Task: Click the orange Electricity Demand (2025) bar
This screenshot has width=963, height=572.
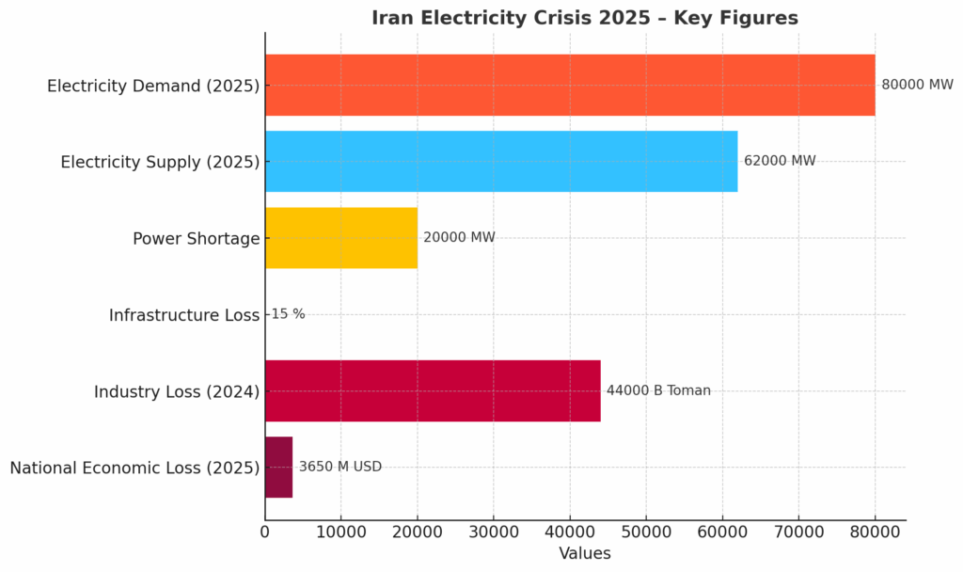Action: (570, 85)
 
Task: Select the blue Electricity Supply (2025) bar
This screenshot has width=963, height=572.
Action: (501, 161)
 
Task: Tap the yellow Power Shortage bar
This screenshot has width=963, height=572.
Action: (341, 238)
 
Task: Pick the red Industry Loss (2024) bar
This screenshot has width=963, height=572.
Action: (433, 390)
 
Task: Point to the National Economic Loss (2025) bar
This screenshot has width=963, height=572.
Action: (278, 467)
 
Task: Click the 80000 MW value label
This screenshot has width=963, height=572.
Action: (917, 85)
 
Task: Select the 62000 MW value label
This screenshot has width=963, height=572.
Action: (780, 161)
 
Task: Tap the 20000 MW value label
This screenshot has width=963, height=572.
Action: (459, 238)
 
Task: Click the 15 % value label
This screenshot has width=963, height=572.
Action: (288, 314)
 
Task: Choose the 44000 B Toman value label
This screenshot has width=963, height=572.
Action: (658, 390)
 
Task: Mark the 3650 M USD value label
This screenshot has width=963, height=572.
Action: (340, 467)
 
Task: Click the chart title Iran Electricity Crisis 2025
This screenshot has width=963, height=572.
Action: (585, 18)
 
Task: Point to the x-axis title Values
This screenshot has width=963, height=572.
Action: (585, 553)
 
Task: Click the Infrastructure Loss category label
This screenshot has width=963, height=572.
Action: (184, 315)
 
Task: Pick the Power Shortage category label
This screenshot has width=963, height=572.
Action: (196, 239)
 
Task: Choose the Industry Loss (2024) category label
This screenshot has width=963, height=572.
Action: (177, 391)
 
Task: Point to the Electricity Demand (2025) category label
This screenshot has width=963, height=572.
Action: (153, 86)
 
